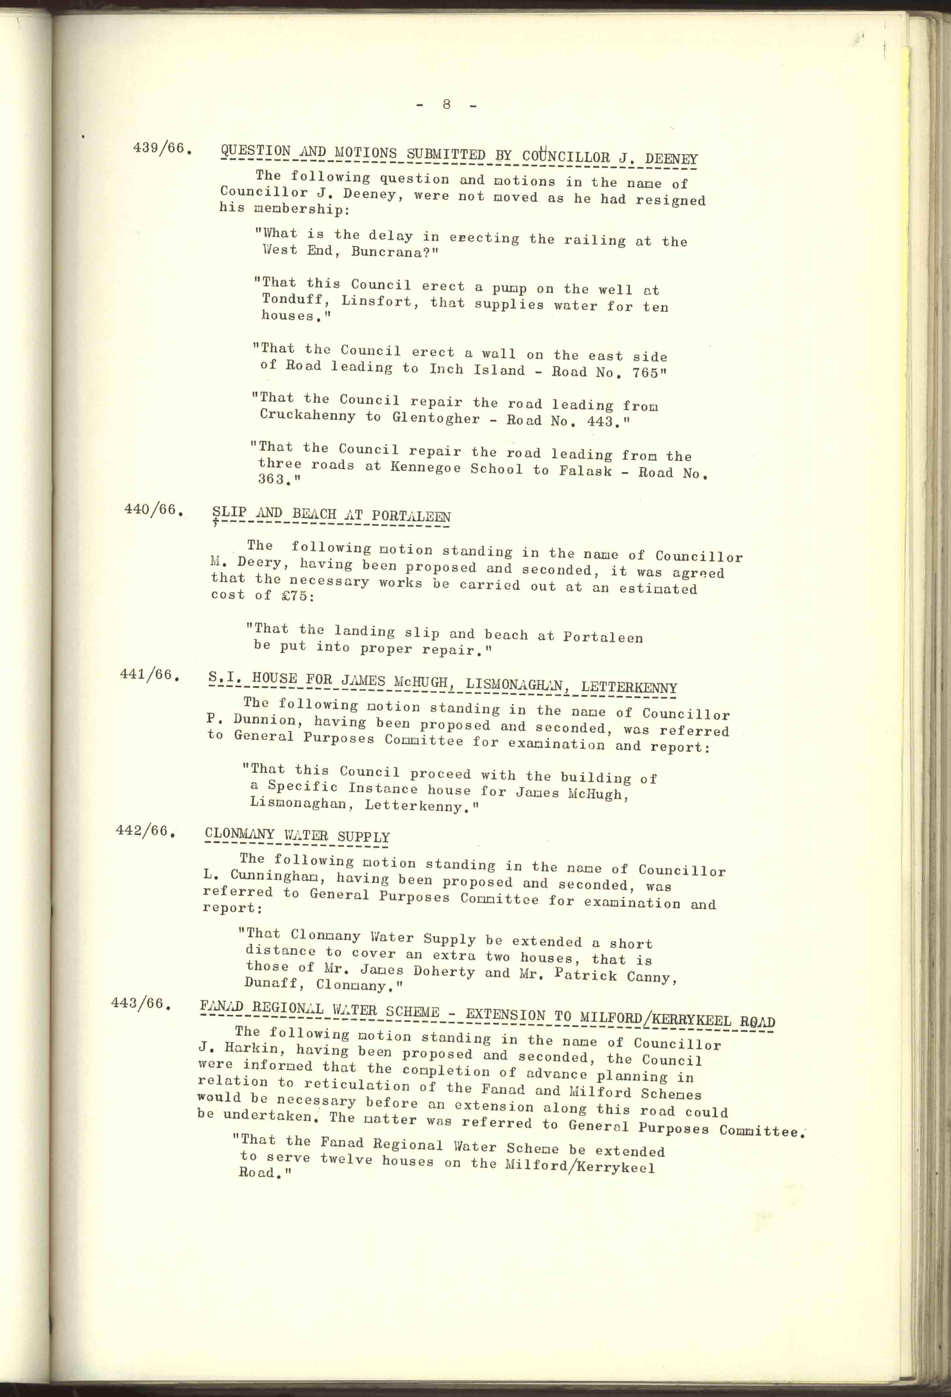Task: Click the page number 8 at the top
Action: tap(446, 104)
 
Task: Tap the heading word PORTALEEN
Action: tap(411, 517)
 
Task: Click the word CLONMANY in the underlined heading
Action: tap(239, 834)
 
